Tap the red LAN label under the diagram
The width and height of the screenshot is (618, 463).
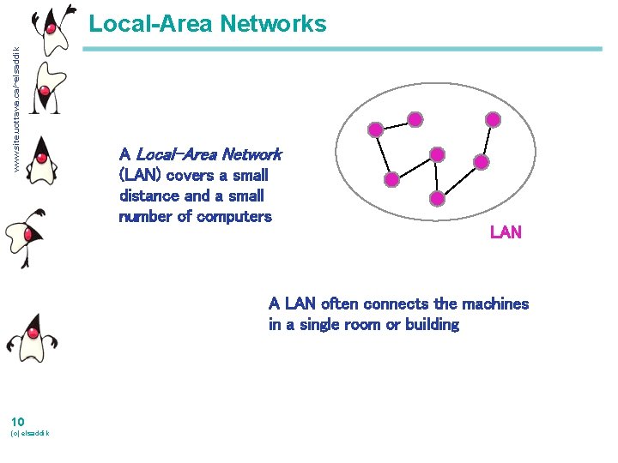pos(506,232)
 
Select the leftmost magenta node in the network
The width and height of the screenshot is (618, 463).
pos(375,130)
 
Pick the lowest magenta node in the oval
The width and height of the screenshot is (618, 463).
pos(437,199)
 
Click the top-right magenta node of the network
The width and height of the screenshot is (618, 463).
pos(493,119)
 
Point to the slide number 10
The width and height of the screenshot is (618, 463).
pos(17,420)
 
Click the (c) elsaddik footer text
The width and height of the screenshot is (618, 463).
pos(29,434)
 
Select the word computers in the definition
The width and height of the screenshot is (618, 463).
pos(234,216)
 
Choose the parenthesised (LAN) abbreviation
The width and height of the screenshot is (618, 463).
pos(141,175)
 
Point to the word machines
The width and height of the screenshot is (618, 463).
pos(495,304)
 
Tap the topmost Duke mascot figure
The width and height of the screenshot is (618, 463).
pos(53,26)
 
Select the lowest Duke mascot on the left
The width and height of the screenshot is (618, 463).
pos(32,334)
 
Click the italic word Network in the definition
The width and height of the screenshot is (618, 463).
pos(251,154)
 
